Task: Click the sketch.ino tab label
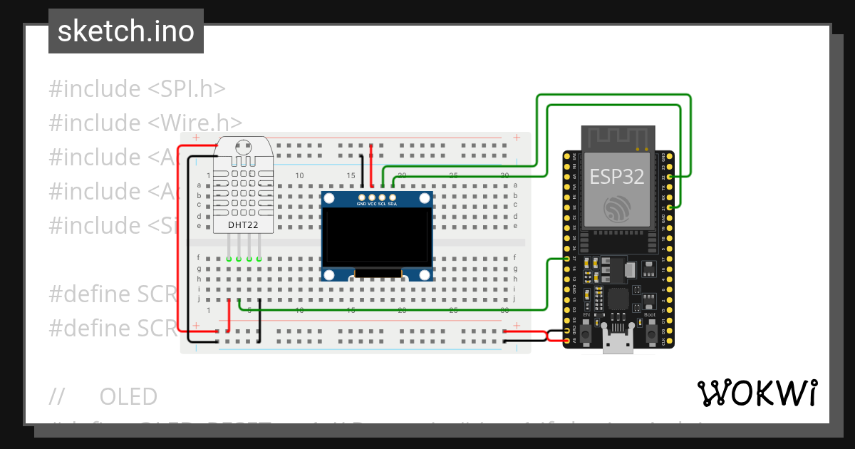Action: coord(126,31)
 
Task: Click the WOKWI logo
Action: coord(757,393)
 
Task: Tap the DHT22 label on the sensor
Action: coord(242,225)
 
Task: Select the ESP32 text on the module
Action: coord(617,177)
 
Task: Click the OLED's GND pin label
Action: coord(362,204)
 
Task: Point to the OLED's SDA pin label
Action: coord(393,204)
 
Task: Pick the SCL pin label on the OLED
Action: coord(382,204)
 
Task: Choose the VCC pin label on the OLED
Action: coord(372,204)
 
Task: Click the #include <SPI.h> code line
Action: coord(137,89)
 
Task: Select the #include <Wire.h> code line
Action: coord(145,123)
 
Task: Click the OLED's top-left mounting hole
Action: coord(329,198)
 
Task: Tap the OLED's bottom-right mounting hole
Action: coord(425,274)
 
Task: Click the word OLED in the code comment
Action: coord(128,396)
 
